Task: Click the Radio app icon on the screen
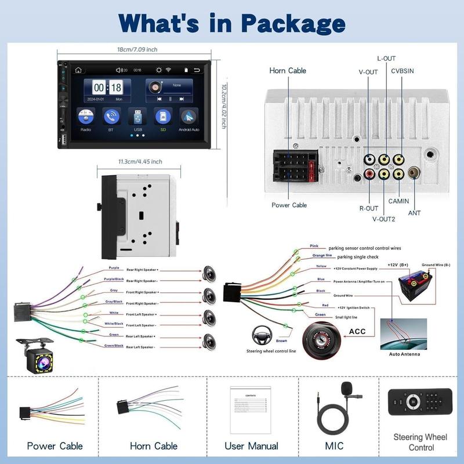pyautogui.click(x=85, y=117)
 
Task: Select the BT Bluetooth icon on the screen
pyautogui.click(x=111, y=117)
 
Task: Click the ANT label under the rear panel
pyautogui.click(x=415, y=213)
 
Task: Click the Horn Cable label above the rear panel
pyautogui.click(x=288, y=71)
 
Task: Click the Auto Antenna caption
pyautogui.click(x=405, y=354)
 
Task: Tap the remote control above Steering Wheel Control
pyautogui.click(x=420, y=401)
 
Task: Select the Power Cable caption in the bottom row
pyautogui.click(x=55, y=446)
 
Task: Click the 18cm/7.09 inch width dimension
pyautogui.click(x=137, y=50)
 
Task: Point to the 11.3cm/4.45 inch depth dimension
pyautogui.click(x=140, y=162)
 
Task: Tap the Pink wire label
pyautogui.click(x=314, y=246)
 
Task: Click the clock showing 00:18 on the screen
pyautogui.click(x=108, y=88)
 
